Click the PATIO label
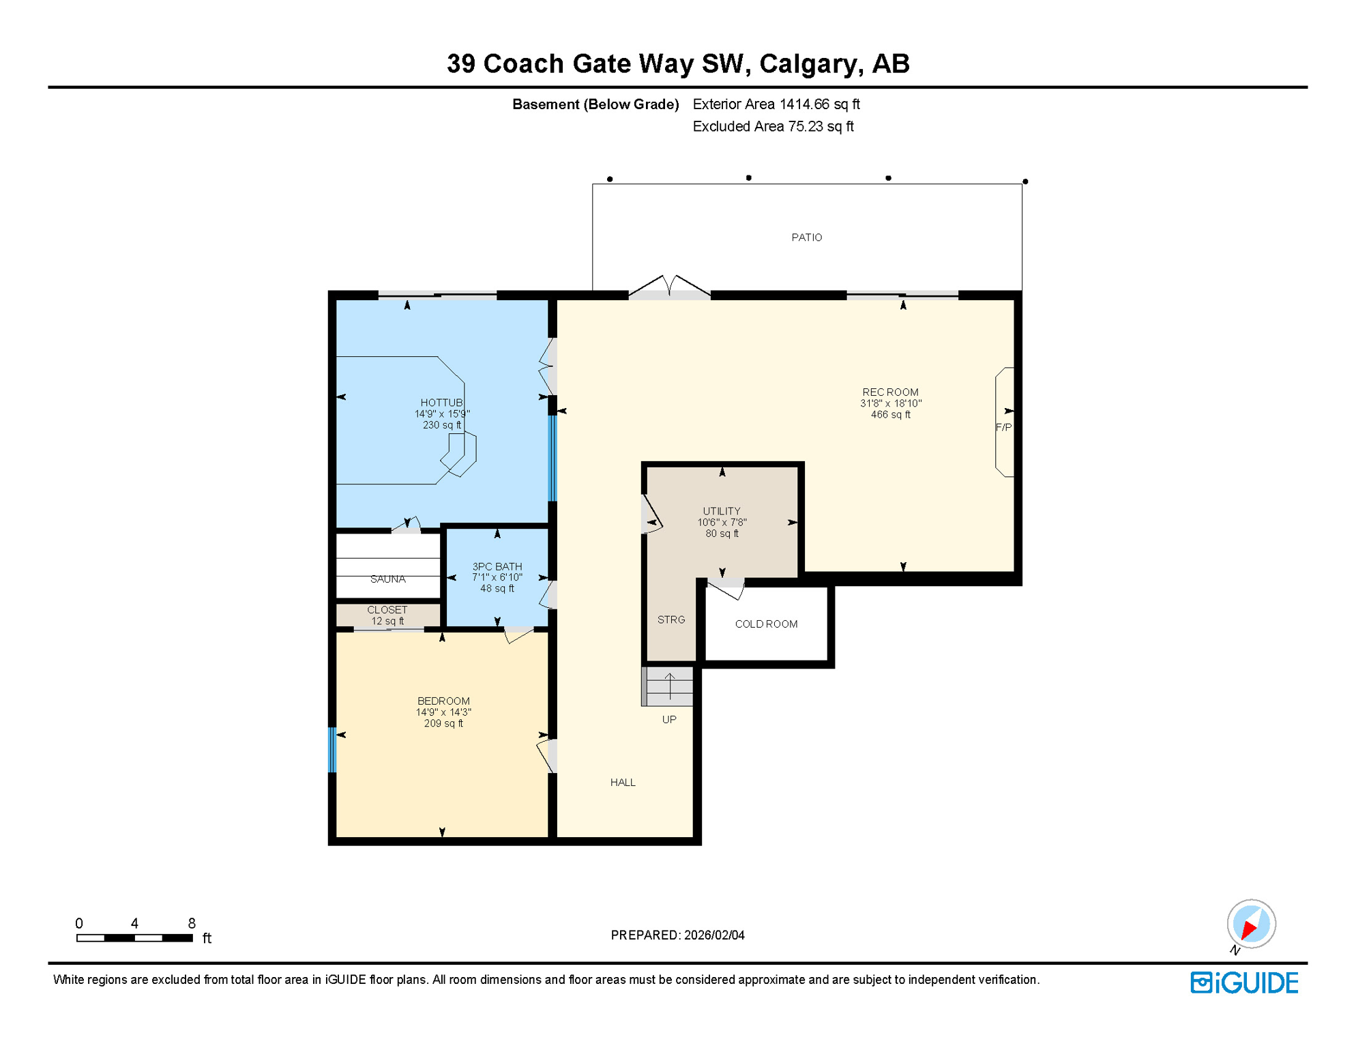(806, 237)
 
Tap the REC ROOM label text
(890, 392)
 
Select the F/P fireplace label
(1003, 428)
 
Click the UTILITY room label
(722, 511)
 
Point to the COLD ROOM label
(766, 624)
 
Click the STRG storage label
(671, 620)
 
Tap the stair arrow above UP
(670, 686)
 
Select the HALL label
(623, 783)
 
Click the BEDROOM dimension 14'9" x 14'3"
(443, 712)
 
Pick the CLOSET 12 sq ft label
(387, 615)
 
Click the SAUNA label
(387, 579)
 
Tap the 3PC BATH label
(497, 566)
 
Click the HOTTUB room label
(441, 403)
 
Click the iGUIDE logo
(1244, 983)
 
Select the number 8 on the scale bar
(192, 924)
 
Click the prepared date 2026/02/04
(714, 935)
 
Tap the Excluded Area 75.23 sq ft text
(773, 127)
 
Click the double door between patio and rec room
(670, 289)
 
